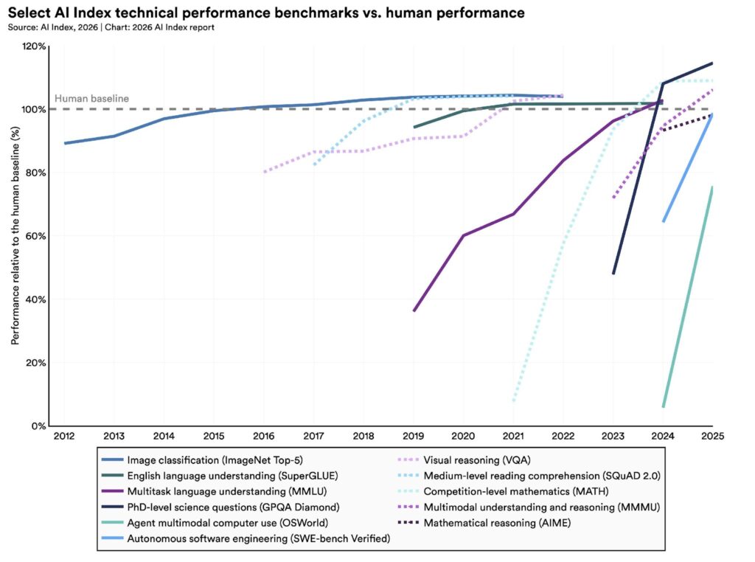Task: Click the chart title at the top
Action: tap(267, 13)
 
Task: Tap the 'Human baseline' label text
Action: tap(91, 99)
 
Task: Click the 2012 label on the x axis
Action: tap(64, 437)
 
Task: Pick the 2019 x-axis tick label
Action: tap(414, 437)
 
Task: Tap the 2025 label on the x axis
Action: tap(712, 437)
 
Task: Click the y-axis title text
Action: tap(15, 235)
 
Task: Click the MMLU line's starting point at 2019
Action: tap(414, 311)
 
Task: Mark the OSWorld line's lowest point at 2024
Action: tap(664, 406)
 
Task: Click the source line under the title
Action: tap(111, 27)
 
